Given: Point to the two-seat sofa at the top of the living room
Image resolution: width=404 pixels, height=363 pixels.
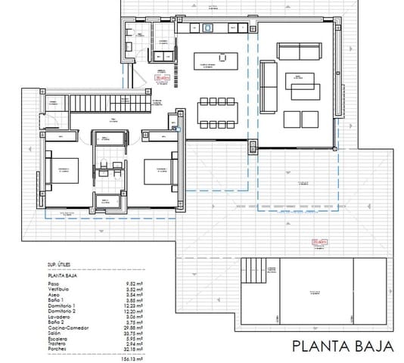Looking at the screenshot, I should (x=297, y=52).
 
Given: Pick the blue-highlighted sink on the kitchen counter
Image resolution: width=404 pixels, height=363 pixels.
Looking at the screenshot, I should (x=207, y=27).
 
